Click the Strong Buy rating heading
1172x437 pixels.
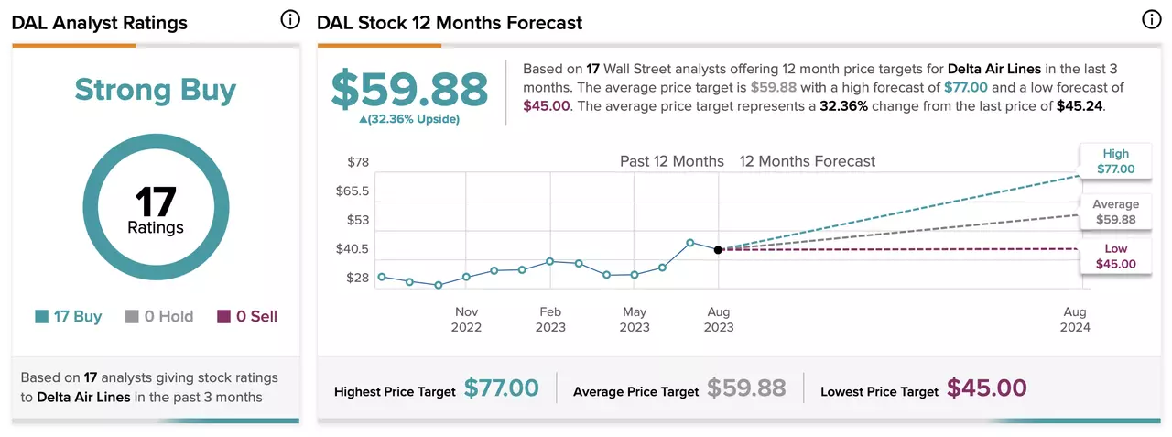pos(156,90)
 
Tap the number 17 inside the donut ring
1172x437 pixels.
pos(156,202)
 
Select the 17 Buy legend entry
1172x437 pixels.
pos(69,316)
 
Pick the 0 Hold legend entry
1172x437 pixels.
pos(159,316)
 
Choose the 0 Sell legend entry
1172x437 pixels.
pos(247,316)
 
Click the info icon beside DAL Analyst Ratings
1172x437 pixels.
pos(290,20)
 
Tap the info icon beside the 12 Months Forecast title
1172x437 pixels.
pos(1152,20)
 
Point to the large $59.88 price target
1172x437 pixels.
pos(409,90)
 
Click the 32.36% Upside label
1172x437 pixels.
pos(409,119)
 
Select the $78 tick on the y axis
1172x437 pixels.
pos(358,162)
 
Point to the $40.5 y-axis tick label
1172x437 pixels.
pos(353,248)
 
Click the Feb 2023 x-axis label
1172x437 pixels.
pos(550,319)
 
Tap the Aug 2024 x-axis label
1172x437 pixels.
pos(1075,319)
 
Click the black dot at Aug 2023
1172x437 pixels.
pos(719,250)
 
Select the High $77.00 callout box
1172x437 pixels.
pos(1116,161)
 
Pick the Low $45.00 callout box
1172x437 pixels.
pos(1116,257)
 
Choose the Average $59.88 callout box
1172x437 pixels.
pos(1116,212)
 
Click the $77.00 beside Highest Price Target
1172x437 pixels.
pos(501,388)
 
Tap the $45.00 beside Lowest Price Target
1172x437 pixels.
pos(987,388)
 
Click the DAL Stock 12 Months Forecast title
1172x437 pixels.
pos(450,23)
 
